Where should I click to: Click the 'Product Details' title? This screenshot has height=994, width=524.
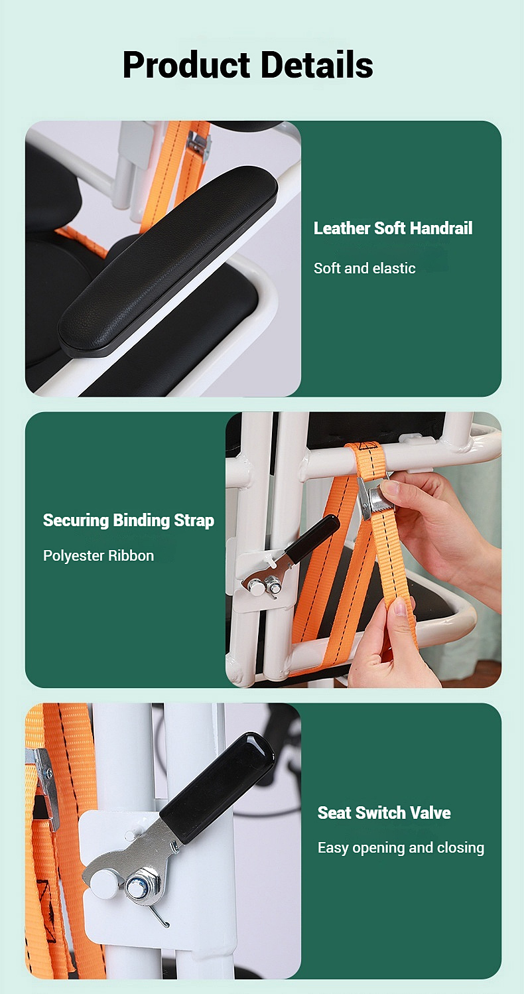247,65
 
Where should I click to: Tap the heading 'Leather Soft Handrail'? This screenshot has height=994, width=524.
393,228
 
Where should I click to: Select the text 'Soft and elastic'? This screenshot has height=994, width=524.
364,268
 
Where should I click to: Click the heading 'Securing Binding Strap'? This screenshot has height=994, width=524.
128,520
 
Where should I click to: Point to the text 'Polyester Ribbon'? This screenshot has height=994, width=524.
98,555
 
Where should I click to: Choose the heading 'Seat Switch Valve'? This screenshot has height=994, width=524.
383,813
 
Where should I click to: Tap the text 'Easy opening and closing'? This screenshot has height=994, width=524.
401,847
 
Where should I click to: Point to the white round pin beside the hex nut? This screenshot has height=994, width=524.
103,881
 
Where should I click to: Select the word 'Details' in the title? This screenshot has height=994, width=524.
316,65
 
